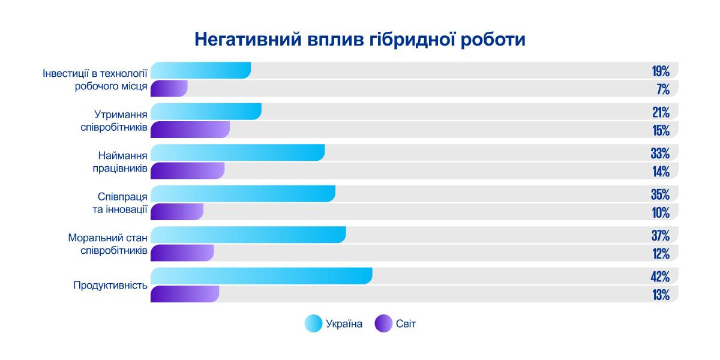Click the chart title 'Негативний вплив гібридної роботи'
[x=359, y=40]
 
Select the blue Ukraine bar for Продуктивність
[x=261, y=276]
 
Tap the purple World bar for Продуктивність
[x=185, y=294]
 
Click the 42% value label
[x=660, y=277]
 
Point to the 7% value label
[x=663, y=89]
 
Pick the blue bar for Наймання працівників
[x=237, y=153]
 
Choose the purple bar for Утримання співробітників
[x=190, y=130]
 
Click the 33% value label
[x=660, y=154]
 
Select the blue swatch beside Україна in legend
[x=313, y=324]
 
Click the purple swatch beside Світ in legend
[x=383, y=324]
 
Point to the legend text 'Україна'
[x=344, y=324]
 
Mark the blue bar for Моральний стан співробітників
[x=248, y=235]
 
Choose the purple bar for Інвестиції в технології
[x=169, y=89]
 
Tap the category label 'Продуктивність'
[x=110, y=285]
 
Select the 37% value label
[x=660, y=236]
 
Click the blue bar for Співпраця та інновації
[x=242, y=194]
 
